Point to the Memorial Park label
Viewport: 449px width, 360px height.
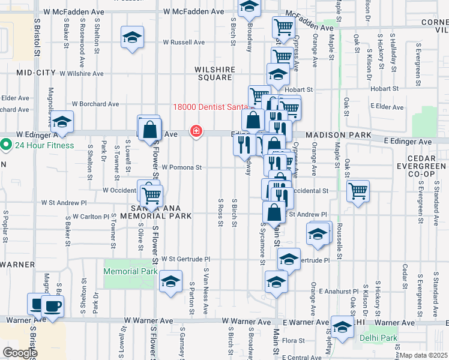pos(130,271)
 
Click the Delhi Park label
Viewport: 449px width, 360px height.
pos(378,337)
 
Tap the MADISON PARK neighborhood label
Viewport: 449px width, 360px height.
pos(339,136)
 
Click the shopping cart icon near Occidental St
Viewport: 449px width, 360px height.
pos(358,191)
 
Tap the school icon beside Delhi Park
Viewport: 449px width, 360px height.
pos(342,328)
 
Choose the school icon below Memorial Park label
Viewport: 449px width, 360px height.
pos(170,281)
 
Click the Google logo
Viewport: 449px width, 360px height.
pos(19,353)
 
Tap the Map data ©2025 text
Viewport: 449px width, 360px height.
pos(424,355)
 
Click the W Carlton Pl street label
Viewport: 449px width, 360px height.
pos(90,215)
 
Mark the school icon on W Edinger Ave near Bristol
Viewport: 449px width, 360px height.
pos(61,122)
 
